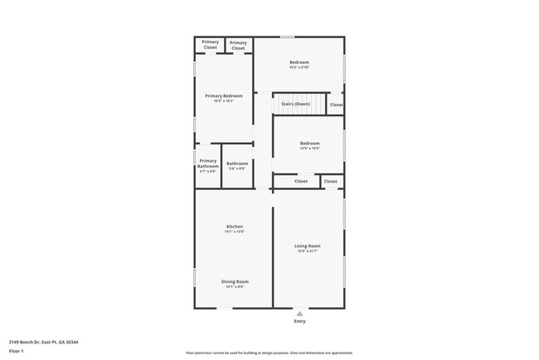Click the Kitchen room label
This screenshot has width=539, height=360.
235,226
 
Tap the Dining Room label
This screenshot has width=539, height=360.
235,281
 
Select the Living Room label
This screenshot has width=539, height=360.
308,246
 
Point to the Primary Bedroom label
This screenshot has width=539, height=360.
224,96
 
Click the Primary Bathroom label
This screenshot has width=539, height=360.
207,163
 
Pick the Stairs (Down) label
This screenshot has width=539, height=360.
295,104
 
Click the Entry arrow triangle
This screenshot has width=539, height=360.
300,314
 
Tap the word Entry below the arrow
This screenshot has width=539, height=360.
300,321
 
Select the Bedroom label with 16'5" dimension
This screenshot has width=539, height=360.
299,63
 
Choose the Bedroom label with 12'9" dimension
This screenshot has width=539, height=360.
309,144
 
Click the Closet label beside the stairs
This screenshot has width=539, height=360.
336,105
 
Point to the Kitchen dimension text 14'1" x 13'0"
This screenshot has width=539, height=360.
235,232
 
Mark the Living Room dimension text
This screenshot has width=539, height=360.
308,251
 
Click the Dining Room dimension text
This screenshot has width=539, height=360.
235,287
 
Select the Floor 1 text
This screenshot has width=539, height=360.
16,351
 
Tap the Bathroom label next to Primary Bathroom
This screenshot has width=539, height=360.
237,163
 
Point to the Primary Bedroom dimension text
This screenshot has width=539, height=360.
224,102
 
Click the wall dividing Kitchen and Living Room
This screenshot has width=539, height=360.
274,249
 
